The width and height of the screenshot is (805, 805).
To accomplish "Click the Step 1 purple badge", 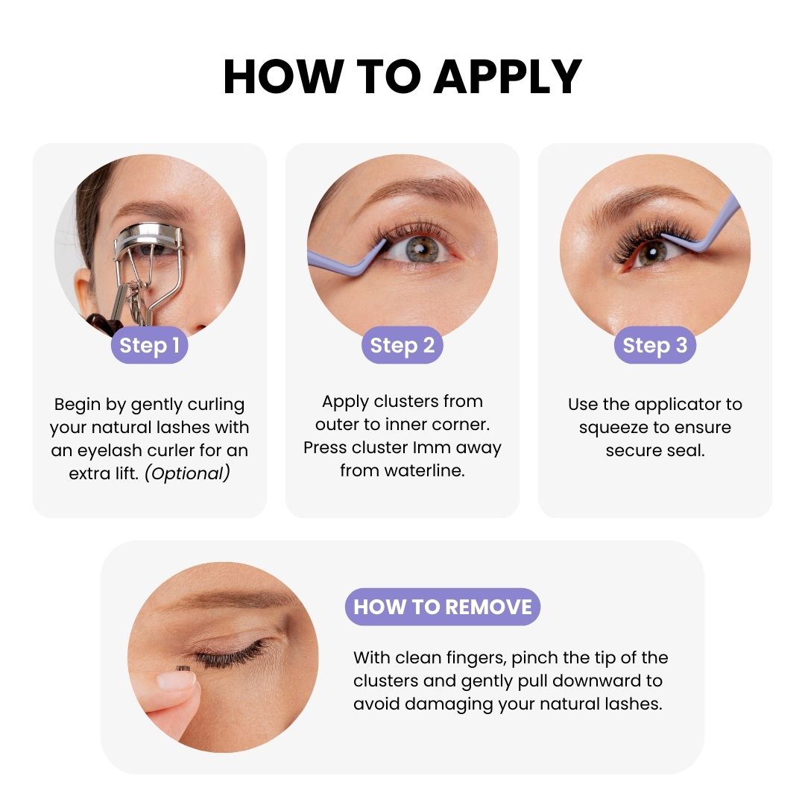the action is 149,345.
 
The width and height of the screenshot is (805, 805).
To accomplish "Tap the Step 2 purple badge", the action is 402,345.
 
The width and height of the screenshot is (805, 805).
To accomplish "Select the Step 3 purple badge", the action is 654,345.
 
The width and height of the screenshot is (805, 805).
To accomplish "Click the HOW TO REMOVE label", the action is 443,607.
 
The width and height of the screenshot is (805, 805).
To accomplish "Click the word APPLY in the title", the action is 508,77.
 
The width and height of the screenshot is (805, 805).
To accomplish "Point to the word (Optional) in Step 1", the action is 187,473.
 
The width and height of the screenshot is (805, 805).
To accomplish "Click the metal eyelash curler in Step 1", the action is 146,267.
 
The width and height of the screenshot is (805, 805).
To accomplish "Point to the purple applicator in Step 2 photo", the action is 345,260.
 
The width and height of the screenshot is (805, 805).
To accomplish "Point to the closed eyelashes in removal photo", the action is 231,655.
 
